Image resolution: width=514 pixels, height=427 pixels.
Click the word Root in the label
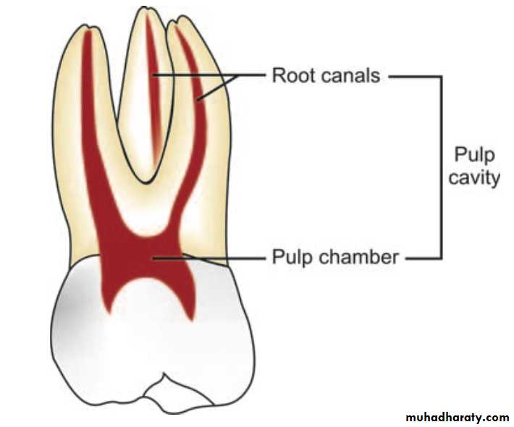click(289, 75)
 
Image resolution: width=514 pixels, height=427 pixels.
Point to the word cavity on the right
click(473, 177)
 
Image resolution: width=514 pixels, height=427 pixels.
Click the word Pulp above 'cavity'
click(473, 155)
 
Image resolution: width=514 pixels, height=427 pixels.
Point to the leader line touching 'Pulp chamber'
click(217, 257)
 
